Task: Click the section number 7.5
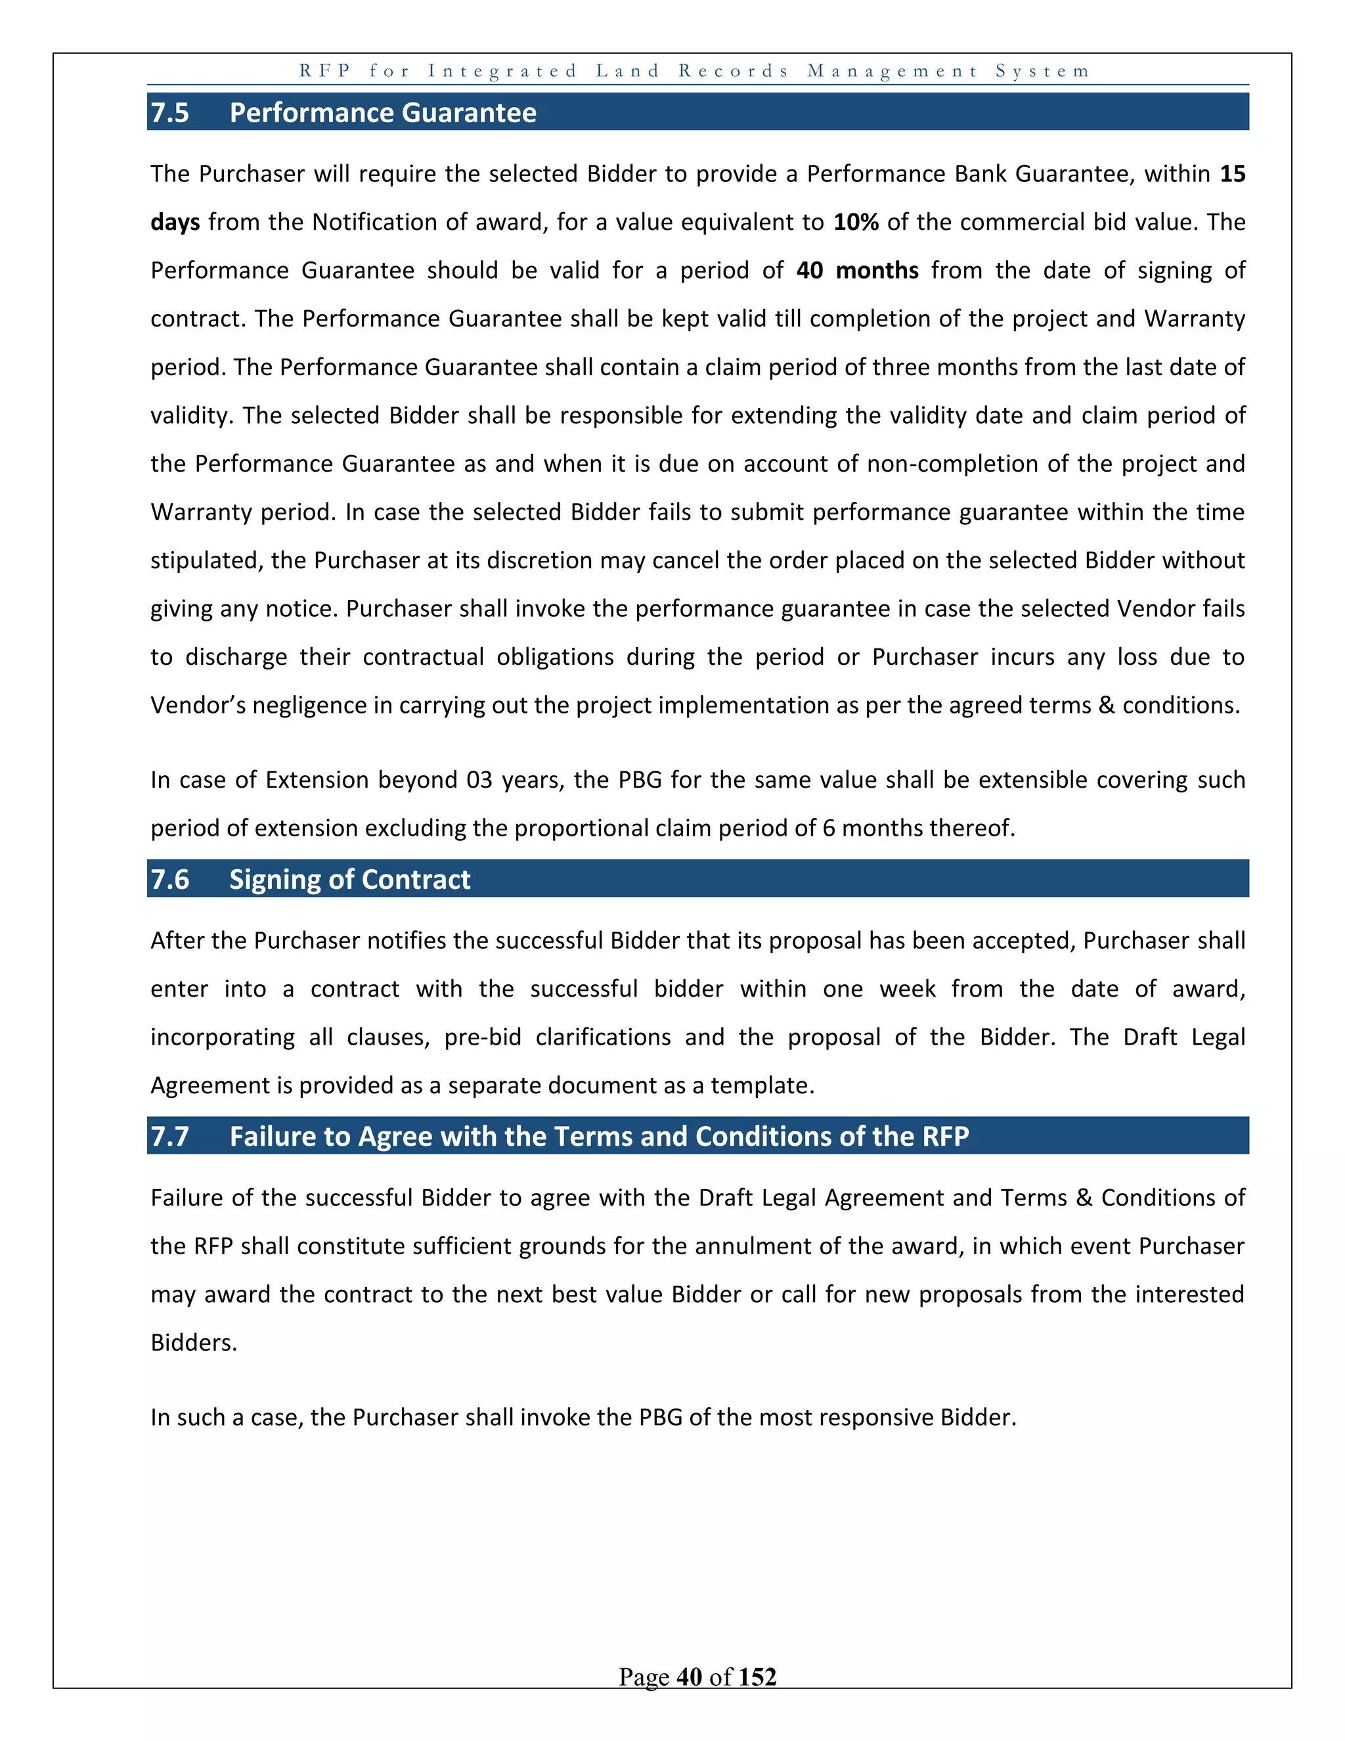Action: point(169,112)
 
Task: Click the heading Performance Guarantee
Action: point(382,112)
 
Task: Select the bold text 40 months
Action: point(857,270)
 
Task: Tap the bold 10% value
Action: point(856,221)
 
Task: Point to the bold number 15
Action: point(1232,174)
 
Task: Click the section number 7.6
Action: point(169,879)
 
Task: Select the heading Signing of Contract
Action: point(350,879)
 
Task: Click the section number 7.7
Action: point(169,1136)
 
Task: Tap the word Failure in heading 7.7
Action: point(272,1136)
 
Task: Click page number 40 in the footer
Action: point(689,1677)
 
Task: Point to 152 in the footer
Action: point(757,1677)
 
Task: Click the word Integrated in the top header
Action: point(502,71)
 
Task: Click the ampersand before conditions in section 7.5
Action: point(1106,706)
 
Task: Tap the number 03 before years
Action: point(479,780)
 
